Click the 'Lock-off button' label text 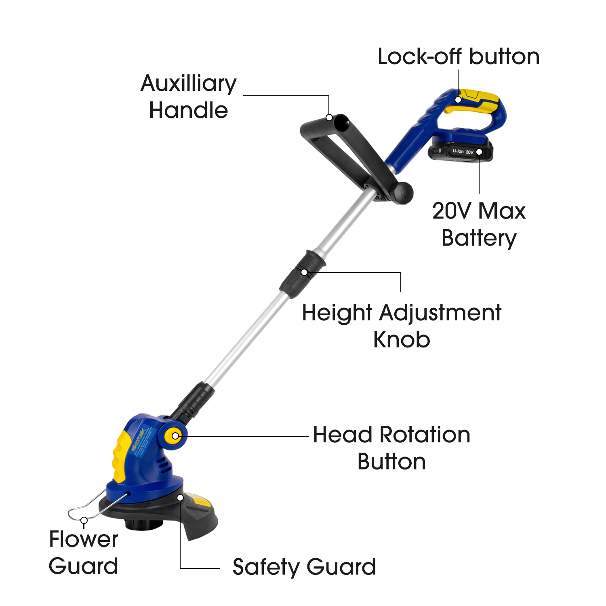(x=458, y=57)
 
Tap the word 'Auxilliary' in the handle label (x=188, y=84)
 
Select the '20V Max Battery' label (x=479, y=224)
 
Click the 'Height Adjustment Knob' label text (x=402, y=326)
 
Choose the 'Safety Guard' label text (x=304, y=567)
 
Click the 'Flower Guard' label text (x=83, y=552)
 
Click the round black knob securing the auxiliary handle (x=402, y=193)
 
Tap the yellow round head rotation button (x=175, y=436)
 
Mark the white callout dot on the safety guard (x=181, y=497)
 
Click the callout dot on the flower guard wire (x=84, y=520)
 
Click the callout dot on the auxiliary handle (x=329, y=117)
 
